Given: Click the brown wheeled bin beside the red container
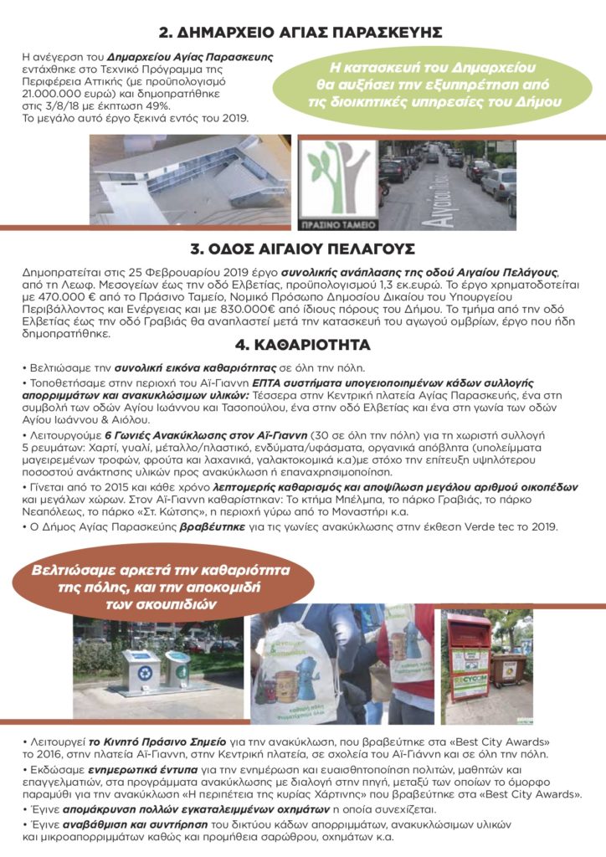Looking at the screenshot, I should point(509,675).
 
